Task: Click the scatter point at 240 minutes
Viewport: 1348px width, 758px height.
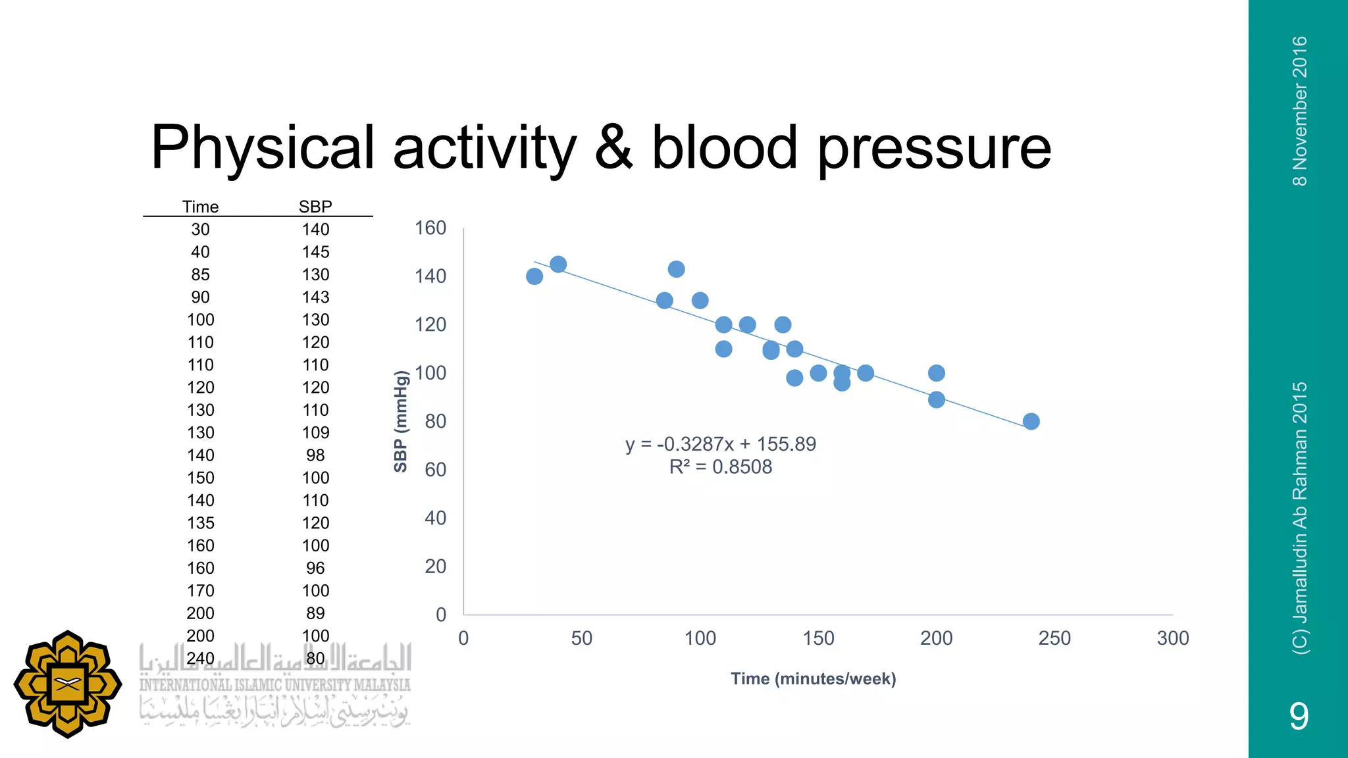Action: point(1031,421)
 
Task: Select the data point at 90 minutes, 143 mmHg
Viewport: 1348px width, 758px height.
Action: point(676,269)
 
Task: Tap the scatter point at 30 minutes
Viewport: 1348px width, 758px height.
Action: point(534,276)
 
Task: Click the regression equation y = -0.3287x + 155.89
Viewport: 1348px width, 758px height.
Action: point(720,444)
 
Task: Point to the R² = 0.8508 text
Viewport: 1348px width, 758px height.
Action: point(720,467)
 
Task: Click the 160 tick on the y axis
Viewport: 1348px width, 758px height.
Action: point(430,228)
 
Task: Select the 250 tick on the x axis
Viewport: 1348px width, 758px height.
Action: point(1054,638)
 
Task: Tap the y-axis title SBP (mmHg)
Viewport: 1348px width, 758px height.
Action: point(400,421)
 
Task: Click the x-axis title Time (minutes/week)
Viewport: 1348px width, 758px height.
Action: point(813,679)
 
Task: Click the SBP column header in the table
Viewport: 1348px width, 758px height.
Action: point(315,207)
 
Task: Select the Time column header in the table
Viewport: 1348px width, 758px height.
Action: point(200,207)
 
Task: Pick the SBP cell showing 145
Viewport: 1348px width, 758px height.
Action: point(315,252)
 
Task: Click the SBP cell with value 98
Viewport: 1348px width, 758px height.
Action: point(315,455)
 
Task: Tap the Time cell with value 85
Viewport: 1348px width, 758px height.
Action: point(200,274)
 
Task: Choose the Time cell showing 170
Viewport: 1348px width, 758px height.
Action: point(200,591)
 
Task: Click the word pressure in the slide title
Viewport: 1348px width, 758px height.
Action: point(934,149)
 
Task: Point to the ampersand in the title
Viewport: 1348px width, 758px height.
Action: point(613,147)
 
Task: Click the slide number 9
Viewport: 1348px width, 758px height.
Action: point(1299,716)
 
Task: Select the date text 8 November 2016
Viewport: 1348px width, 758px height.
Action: point(1299,111)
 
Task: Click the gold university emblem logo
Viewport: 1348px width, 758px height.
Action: point(67,684)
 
